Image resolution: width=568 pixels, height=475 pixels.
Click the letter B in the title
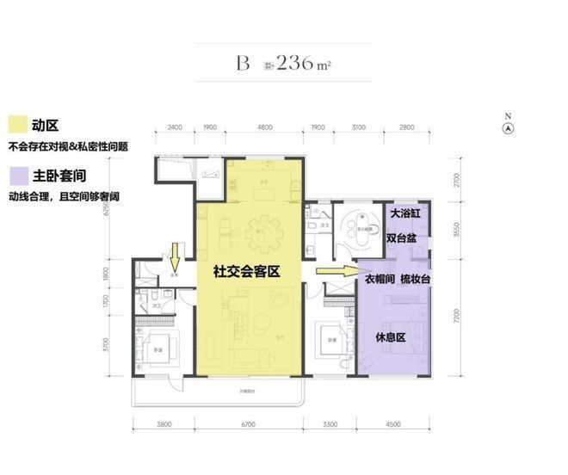pyautogui.click(x=244, y=63)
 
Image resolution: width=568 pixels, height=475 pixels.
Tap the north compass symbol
pyautogui.click(x=509, y=126)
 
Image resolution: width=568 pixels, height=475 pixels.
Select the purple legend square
pyautogui.click(x=15, y=176)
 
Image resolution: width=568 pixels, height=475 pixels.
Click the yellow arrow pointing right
pyautogui.click(x=331, y=271)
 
